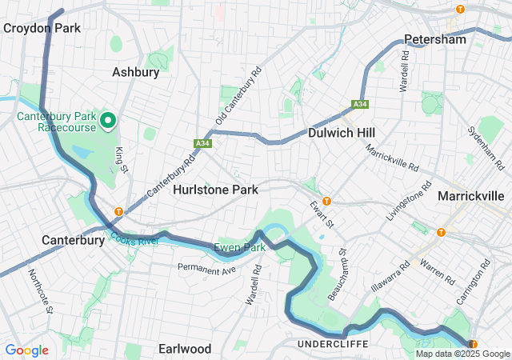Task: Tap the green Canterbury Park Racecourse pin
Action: coord(108,122)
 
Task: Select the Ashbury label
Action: coord(135,72)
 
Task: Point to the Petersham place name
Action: coord(434,39)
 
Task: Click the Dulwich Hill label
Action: coord(342,132)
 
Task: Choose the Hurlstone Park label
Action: coord(216,190)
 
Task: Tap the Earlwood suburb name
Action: coord(185,349)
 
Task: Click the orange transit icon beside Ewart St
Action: coord(326,201)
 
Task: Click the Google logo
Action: coord(26,350)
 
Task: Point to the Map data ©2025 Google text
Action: coord(462,354)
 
